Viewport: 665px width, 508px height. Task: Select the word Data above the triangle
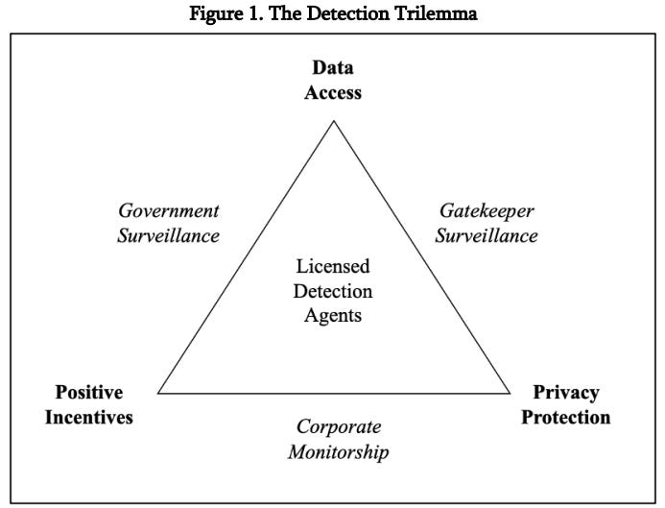point(333,68)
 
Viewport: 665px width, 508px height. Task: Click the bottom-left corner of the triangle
point(158,393)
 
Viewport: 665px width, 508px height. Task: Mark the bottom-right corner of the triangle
point(510,393)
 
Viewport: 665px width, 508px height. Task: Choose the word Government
point(169,210)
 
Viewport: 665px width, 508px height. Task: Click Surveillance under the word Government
point(169,234)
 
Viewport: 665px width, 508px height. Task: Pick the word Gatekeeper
point(487,210)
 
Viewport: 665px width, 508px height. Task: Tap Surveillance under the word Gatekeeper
point(487,234)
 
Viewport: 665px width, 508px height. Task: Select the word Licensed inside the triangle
point(333,266)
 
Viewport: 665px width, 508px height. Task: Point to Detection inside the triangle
point(333,290)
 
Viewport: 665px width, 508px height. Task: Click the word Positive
point(89,393)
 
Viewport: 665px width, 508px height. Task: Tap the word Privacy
point(566,393)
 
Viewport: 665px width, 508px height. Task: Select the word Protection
point(566,417)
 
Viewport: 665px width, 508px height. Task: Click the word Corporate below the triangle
point(338,426)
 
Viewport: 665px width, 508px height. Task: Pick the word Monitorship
point(338,450)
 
